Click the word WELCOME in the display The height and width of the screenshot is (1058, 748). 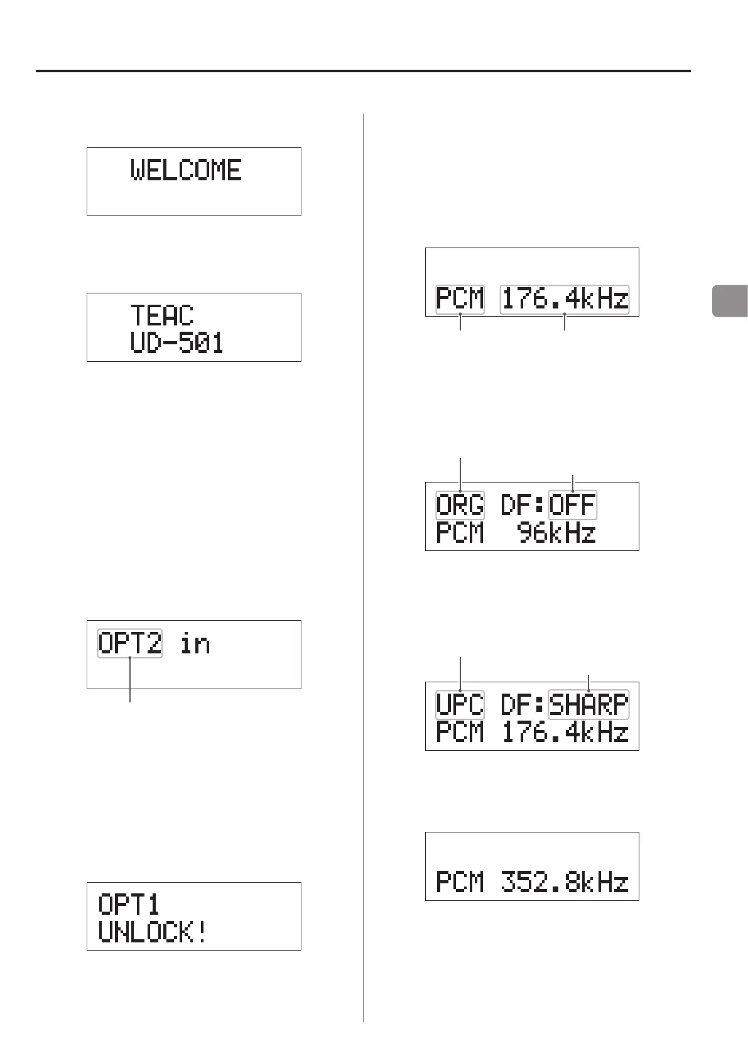[x=186, y=170]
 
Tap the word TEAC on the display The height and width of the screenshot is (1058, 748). [x=162, y=315]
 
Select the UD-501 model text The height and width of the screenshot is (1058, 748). [x=177, y=343]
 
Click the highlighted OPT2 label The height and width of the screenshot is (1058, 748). [x=130, y=643]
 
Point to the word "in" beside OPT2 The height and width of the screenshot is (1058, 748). [x=195, y=644]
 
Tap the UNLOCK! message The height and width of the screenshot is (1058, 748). [x=153, y=932]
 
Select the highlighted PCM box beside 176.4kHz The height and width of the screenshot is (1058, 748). [x=460, y=298]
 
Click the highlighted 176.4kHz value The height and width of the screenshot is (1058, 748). [x=565, y=298]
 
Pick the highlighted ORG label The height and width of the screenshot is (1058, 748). [x=460, y=505]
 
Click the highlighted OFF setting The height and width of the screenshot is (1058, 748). [x=572, y=505]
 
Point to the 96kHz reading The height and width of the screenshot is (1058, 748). [x=556, y=533]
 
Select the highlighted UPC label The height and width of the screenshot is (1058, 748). [x=460, y=705]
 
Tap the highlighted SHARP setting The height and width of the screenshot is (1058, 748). [x=588, y=705]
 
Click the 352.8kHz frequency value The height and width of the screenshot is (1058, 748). [x=565, y=883]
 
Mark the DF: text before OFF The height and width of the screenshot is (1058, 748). [x=523, y=505]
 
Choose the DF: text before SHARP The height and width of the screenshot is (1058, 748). [x=523, y=705]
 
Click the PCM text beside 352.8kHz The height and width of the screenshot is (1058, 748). [x=460, y=883]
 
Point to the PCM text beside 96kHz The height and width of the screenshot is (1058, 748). [x=460, y=533]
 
